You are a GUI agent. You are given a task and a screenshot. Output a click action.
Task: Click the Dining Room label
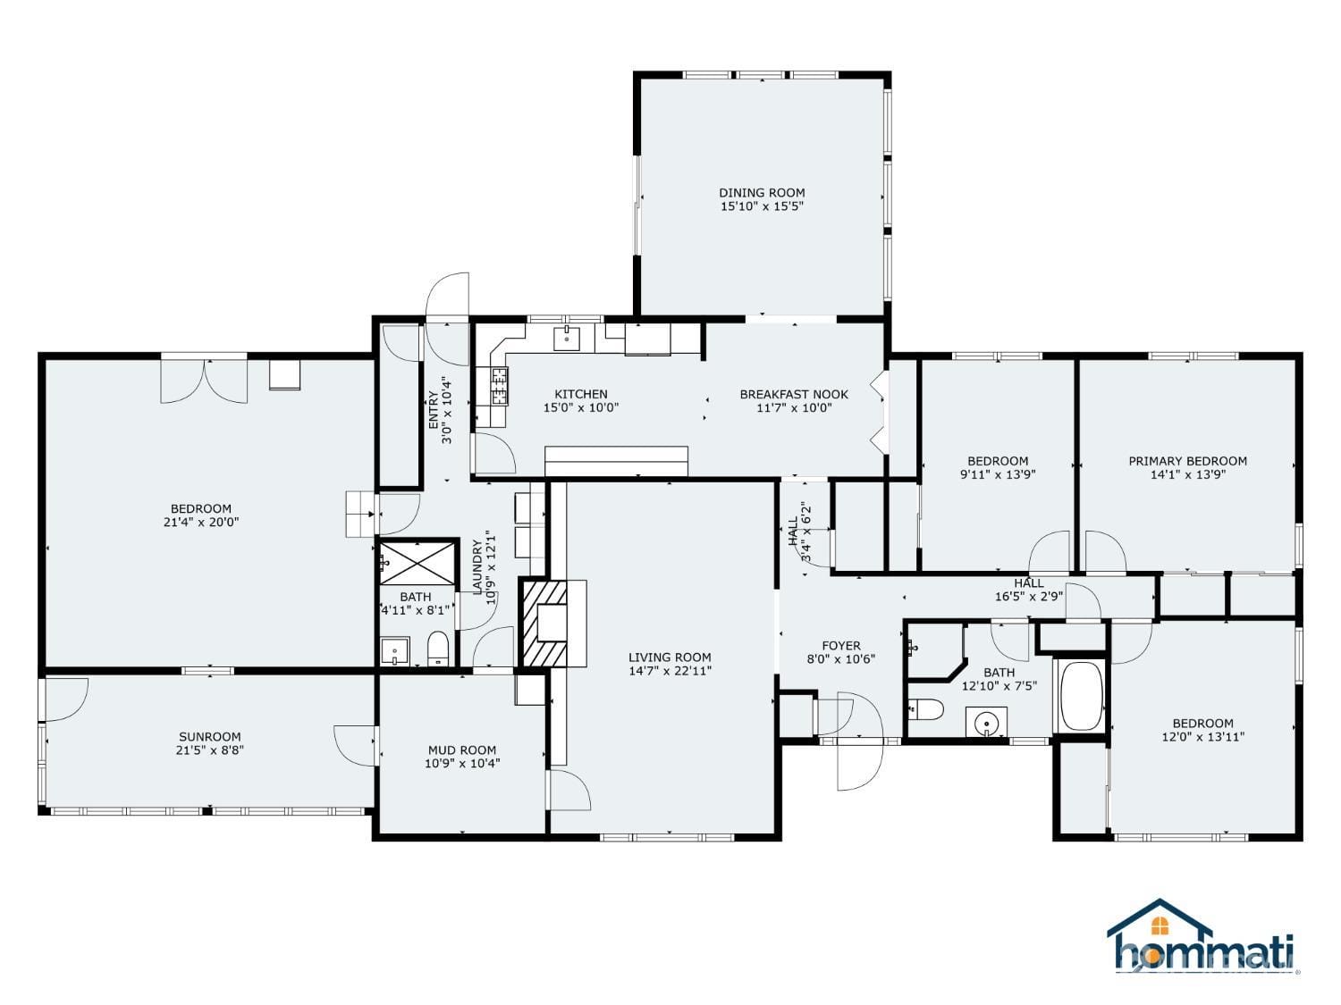click(x=762, y=193)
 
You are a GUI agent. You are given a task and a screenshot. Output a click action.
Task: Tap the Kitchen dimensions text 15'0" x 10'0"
click(x=581, y=407)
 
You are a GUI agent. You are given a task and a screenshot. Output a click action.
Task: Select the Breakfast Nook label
click(x=794, y=394)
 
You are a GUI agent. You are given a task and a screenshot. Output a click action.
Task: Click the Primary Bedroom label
click(x=1187, y=461)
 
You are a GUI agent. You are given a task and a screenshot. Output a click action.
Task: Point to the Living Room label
click(x=670, y=657)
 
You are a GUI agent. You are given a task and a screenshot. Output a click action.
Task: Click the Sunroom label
click(x=209, y=736)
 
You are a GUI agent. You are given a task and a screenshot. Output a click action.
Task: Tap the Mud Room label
click(x=462, y=750)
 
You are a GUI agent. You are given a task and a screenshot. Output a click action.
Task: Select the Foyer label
click(x=841, y=646)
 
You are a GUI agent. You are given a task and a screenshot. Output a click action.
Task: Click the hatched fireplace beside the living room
click(x=544, y=623)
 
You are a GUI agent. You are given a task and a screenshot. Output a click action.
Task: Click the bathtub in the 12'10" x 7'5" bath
click(x=1082, y=696)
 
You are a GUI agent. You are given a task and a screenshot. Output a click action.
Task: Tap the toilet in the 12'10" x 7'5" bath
click(x=926, y=709)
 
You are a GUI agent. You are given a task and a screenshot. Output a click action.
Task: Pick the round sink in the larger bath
click(x=986, y=724)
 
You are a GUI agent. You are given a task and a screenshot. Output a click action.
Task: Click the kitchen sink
click(x=567, y=339)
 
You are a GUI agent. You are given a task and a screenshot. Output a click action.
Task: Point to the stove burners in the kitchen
click(x=500, y=386)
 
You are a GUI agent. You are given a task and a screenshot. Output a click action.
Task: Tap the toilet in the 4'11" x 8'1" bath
click(x=438, y=649)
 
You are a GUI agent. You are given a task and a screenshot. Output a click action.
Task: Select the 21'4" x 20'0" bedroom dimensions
click(x=201, y=523)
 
